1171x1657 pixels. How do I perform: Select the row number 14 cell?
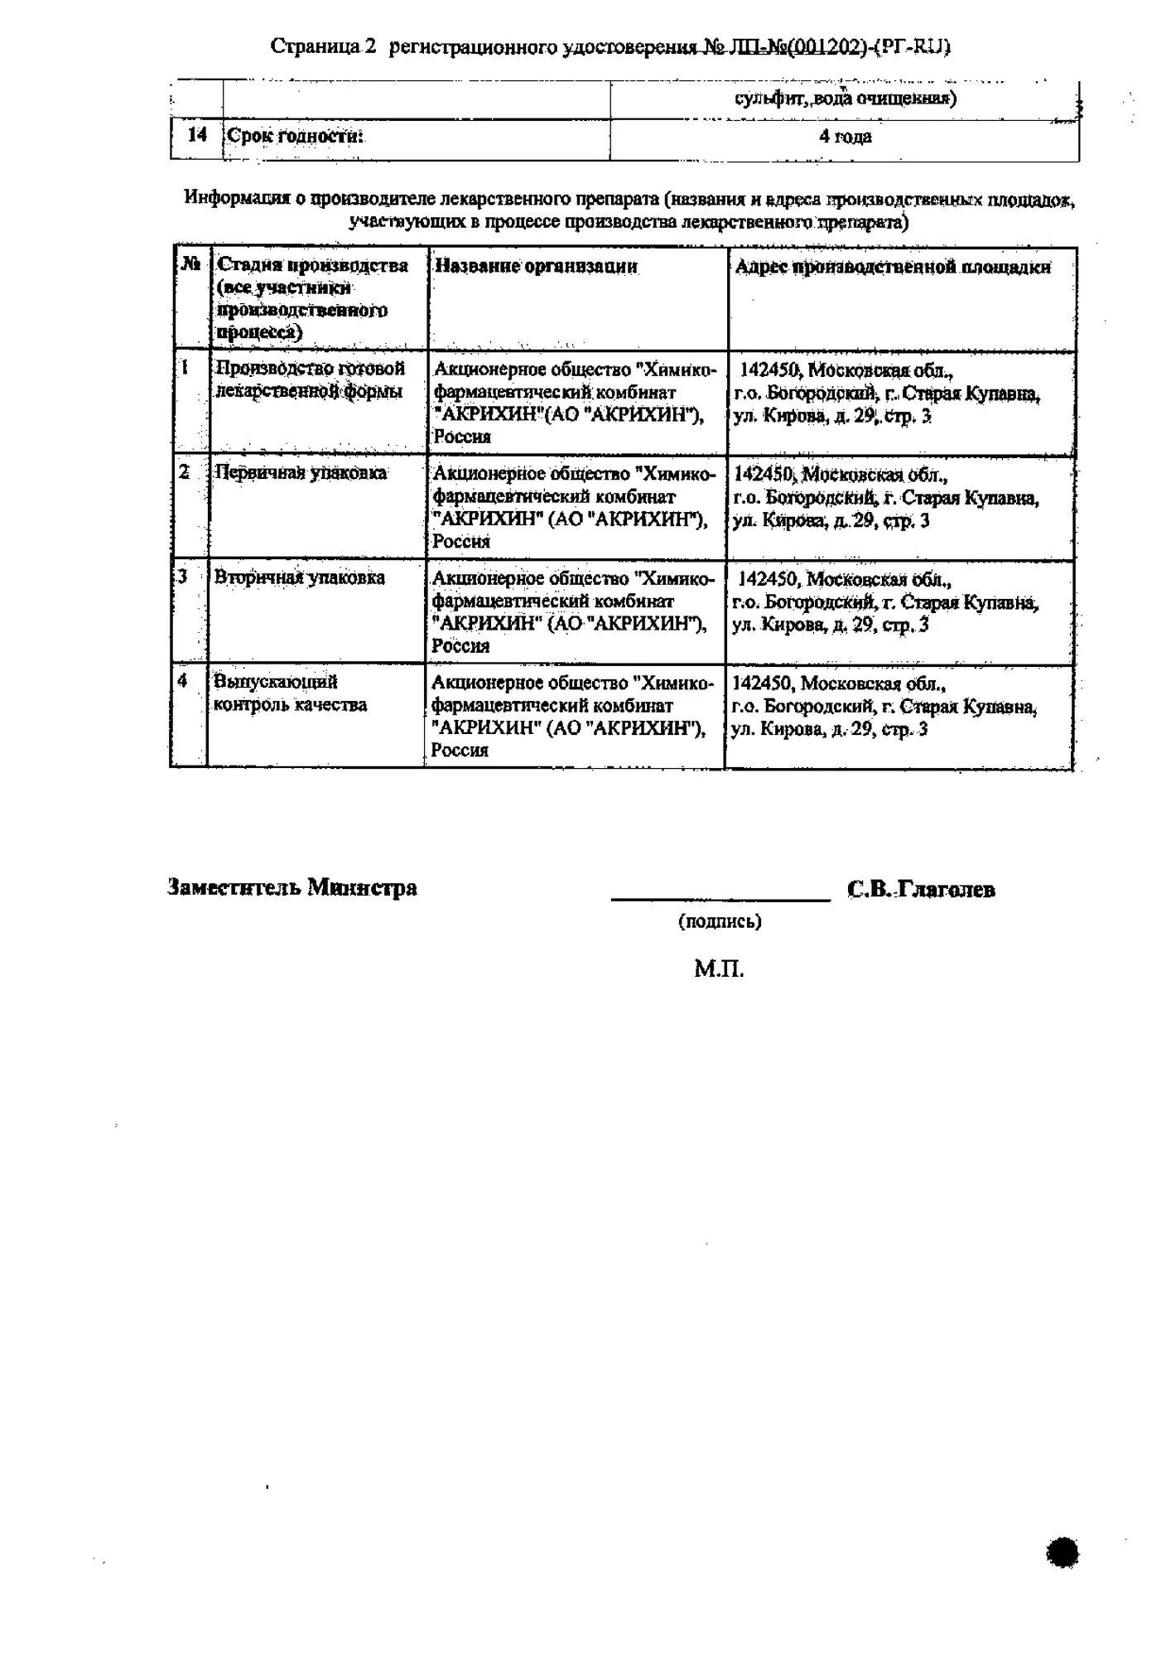(197, 135)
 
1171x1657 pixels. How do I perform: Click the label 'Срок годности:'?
(296, 136)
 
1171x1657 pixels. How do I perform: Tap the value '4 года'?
(845, 137)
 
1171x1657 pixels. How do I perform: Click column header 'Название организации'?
(536, 266)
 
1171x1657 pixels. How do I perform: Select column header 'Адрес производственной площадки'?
(893, 267)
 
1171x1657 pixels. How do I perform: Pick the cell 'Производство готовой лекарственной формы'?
(311, 379)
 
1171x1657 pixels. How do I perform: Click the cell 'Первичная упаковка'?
(301, 473)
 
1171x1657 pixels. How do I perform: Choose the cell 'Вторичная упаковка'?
(300, 577)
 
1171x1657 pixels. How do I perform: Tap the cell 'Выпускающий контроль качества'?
(290, 693)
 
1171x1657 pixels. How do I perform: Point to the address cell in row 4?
(884, 707)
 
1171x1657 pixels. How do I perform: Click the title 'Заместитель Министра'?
(292, 888)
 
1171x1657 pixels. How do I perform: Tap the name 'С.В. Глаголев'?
(921, 890)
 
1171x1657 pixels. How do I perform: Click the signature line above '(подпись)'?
(720, 899)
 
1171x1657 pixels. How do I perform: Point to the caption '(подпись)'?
(720, 921)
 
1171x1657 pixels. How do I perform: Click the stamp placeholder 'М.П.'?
(719, 969)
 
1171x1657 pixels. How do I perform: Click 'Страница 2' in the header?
(323, 47)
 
